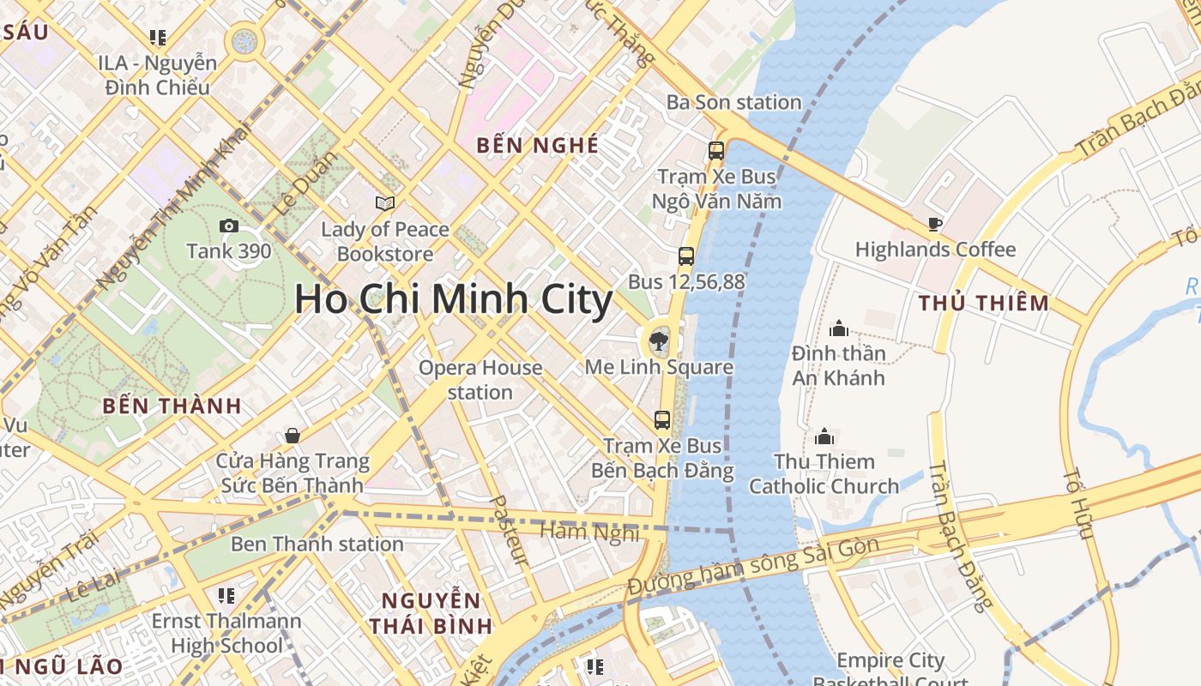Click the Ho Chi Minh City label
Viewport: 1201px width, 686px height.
(x=453, y=299)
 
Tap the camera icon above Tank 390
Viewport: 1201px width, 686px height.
(x=229, y=226)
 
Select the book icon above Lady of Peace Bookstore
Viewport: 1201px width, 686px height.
(x=385, y=203)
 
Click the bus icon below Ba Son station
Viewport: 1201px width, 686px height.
(x=716, y=151)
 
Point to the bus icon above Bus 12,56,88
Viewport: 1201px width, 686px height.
(x=685, y=256)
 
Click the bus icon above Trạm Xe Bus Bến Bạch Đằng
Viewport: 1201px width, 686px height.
(x=662, y=419)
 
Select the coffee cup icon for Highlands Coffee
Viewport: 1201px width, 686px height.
(x=935, y=225)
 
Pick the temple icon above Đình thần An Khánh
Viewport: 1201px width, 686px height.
(x=838, y=328)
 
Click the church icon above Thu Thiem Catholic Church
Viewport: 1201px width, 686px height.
(x=824, y=436)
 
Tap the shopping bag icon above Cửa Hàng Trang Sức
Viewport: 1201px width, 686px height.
(x=293, y=436)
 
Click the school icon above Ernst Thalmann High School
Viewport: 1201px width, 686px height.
(x=226, y=595)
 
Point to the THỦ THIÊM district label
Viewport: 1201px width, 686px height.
(x=983, y=303)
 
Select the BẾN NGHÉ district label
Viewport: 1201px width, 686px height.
(x=538, y=145)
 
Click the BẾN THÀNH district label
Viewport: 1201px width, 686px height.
(x=172, y=406)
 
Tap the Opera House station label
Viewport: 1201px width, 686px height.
(x=480, y=380)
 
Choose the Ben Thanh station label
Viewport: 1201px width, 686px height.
(x=317, y=544)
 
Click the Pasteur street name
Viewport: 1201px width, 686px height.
(x=508, y=529)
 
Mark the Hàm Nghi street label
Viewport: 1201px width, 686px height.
(x=589, y=532)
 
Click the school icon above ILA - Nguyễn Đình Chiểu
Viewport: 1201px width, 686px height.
(x=157, y=37)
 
